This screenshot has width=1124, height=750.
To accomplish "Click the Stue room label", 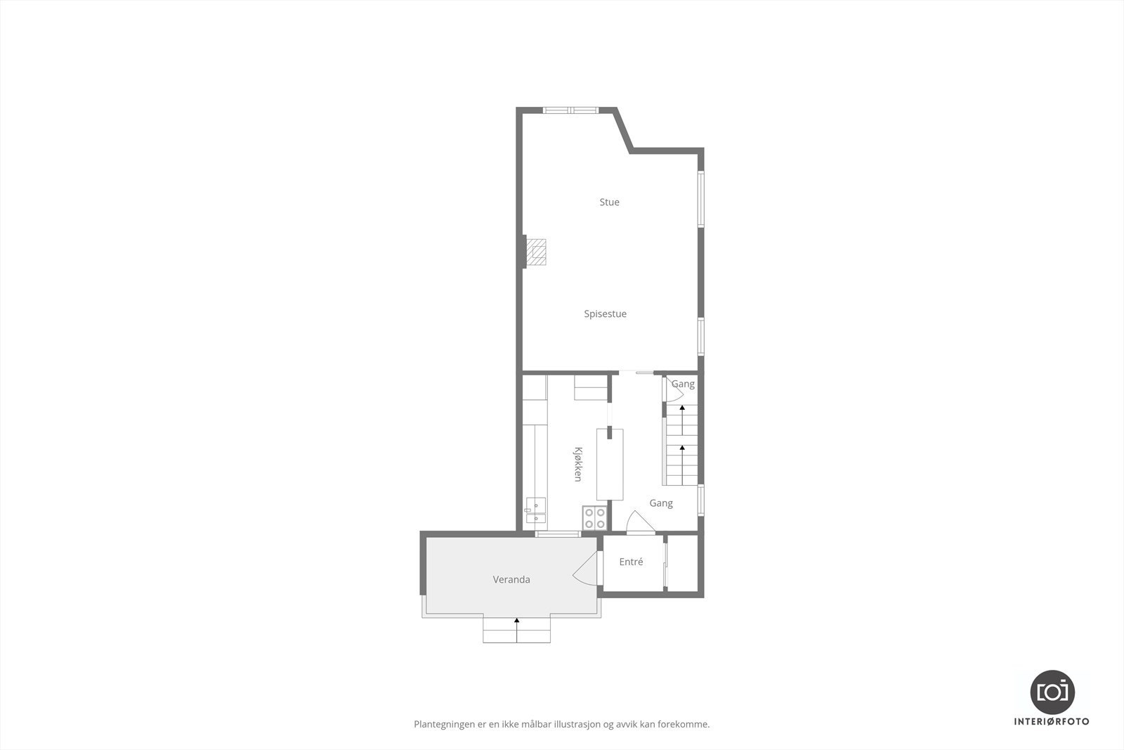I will pyautogui.click(x=609, y=202).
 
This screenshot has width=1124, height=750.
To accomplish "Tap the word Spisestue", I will pyautogui.click(x=605, y=314).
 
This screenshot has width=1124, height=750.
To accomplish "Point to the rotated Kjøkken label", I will pyautogui.click(x=578, y=464).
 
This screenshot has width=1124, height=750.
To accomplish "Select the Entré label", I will pyautogui.click(x=631, y=562).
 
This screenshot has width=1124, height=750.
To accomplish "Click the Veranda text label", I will pyautogui.click(x=511, y=580).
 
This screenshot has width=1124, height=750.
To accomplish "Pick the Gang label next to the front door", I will pyautogui.click(x=661, y=503).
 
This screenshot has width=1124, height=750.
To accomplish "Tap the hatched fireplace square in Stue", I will pyautogui.click(x=537, y=251).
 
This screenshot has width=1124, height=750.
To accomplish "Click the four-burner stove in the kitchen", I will pyautogui.click(x=595, y=518).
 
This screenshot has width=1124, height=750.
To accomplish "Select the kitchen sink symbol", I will pyautogui.click(x=535, y=510).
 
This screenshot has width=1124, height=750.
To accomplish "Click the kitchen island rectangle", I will pyautogui.click(x=610, y=465).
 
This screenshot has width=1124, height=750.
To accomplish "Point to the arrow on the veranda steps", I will pyautogui.click(x=517, y=621).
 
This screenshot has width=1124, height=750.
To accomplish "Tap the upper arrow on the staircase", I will pyautogui.click(x=681, y=408).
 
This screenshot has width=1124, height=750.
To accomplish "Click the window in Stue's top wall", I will pyautogui.click(x=571, y=110).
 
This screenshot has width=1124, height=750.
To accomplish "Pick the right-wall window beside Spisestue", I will pyautogui.click(x=700, y=335).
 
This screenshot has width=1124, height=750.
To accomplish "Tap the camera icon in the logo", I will pyautogui.click(x=1052, y=692).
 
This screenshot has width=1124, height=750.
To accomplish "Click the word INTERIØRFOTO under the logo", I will pyautogui.click(x=1052, y=721).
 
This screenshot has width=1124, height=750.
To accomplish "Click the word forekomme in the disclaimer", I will pyautogui.click(x=686, y=724).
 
